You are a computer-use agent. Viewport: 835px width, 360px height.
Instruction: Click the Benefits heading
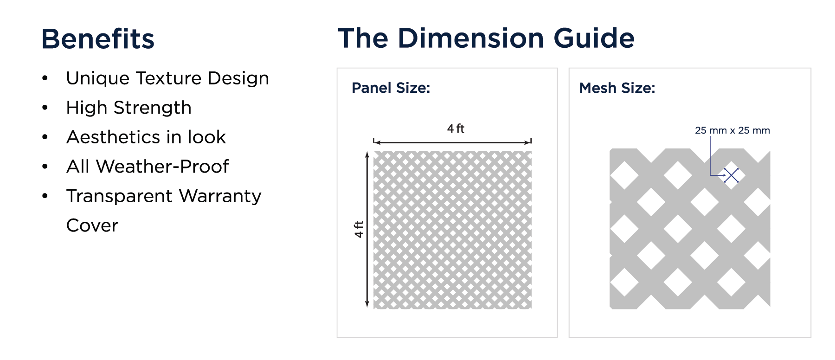(x=98, y=39)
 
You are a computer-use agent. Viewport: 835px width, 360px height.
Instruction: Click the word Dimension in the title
(x=471, y=38)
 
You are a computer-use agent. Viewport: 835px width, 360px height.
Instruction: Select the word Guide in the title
(x=594, y=38)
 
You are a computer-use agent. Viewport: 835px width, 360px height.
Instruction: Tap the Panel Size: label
(x=391, y=88)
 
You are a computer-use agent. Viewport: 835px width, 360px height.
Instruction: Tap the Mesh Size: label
(x=617, y=88)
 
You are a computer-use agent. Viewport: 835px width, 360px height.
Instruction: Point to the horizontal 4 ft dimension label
(x=456, y=129)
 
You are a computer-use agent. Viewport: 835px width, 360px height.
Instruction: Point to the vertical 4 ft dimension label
(x=359, y=229)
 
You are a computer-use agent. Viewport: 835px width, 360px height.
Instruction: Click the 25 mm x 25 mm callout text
(x=732, y=130)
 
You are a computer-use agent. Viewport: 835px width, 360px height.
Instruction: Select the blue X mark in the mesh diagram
(x=732, y=175)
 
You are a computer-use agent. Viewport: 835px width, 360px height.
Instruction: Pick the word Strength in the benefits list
(x=153, y=108)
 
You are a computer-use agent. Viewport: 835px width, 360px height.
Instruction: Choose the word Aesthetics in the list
(x=114, y=137)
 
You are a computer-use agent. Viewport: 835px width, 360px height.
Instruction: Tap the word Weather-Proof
(x=162, y=166)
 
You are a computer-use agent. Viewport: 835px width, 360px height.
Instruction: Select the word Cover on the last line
(x=92, y=225)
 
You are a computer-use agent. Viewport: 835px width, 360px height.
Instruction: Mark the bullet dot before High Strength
(x=45, y=108)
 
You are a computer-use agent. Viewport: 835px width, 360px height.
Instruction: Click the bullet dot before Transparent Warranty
(x=45, y=196)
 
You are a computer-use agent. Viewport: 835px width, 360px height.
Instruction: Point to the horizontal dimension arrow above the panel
(x=452, y=141)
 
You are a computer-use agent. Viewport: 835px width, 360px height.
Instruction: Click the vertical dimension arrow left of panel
(x=367, y=229)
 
